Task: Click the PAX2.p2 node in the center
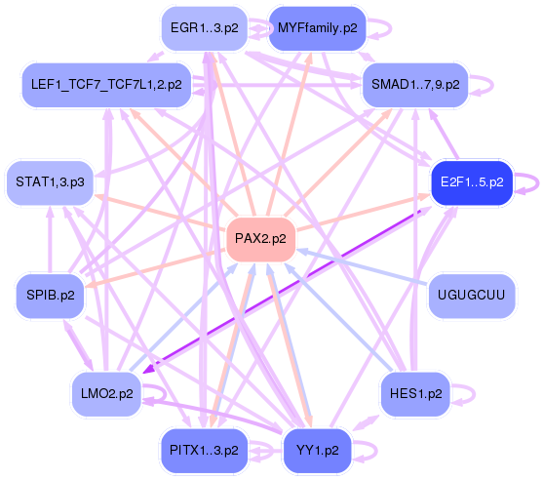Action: [260, 239]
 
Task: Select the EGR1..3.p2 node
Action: [203, 28]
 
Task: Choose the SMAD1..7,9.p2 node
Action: [415, 86]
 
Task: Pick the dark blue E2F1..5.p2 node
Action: [471, 182]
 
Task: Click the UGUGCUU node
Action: [471, 296]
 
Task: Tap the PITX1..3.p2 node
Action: [203, 451]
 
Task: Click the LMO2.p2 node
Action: [107, 394]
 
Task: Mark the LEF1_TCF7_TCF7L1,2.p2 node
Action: [107, 86]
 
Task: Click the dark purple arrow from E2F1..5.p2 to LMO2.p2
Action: [292, 290]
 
